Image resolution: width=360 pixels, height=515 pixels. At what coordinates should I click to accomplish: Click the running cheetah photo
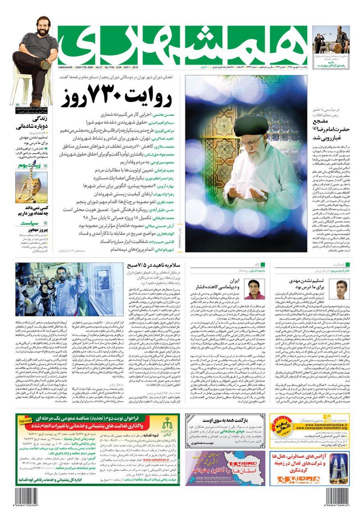coord(31,187)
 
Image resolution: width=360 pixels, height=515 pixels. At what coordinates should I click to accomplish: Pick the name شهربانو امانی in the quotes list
coord(163,250)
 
